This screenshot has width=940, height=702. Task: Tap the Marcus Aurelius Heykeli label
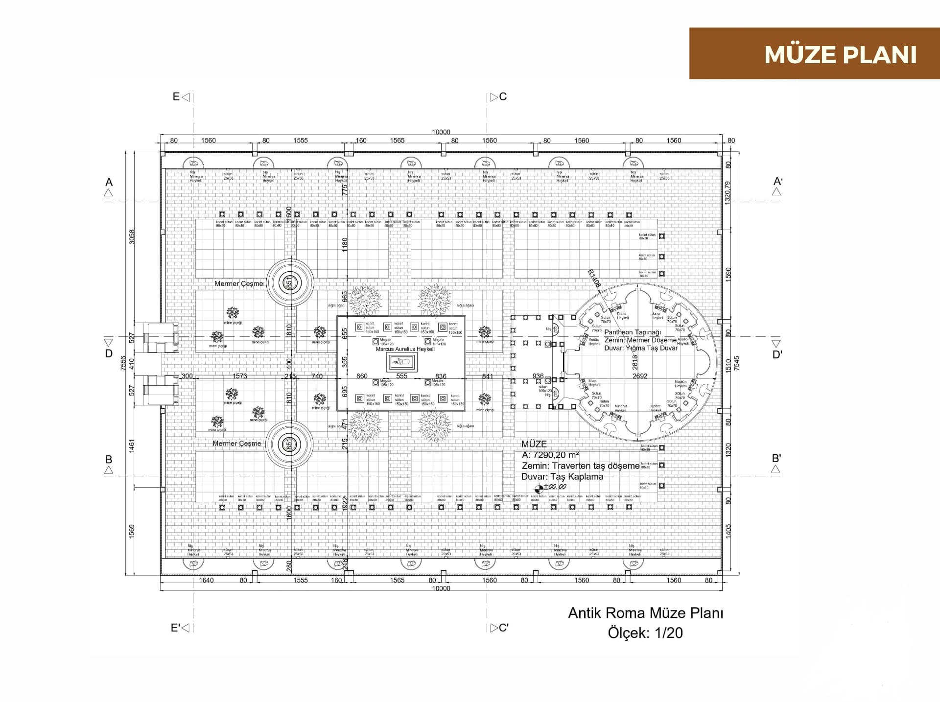(x=405, y=349)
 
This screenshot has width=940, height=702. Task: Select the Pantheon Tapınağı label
(x=632, y=332)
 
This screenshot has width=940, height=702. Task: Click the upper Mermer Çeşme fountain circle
(x=289, y=283)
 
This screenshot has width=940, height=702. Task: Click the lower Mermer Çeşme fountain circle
(x=289, y=445)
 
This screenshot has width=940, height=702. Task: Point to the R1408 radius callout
(x=594, y=278)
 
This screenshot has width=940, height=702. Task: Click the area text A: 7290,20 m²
(x=551, y=455)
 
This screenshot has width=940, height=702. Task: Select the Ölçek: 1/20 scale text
(x=645, y=632)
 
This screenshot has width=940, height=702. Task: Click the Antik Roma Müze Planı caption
(x=645, y=613)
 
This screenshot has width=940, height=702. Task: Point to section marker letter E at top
(x=176, y=97)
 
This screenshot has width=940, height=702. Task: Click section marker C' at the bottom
(x=503, y=628)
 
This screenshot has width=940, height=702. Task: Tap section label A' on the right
(x=777, y=182)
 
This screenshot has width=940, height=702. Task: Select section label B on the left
(x=109, y=459)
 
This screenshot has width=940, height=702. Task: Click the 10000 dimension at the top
(x=441, y=132)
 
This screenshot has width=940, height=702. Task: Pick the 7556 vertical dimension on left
(x=123, y=362)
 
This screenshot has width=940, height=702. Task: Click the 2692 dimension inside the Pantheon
(x=639, y=376)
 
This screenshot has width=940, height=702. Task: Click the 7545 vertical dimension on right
(x=737, y=362)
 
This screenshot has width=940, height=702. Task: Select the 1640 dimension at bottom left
(x=206, y=580)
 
